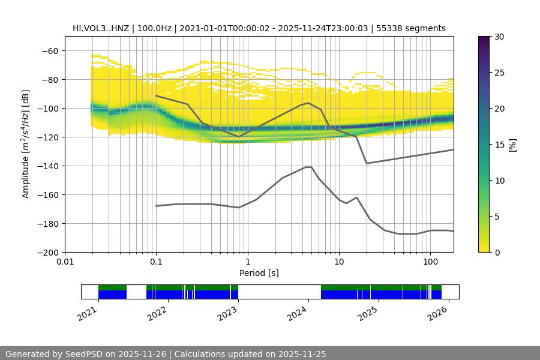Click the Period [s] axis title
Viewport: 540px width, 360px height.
259,273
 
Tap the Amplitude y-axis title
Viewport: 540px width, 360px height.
26,144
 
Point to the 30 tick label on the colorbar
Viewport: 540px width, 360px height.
499,37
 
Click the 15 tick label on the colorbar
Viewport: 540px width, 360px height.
499,145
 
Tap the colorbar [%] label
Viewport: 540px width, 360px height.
512,145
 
